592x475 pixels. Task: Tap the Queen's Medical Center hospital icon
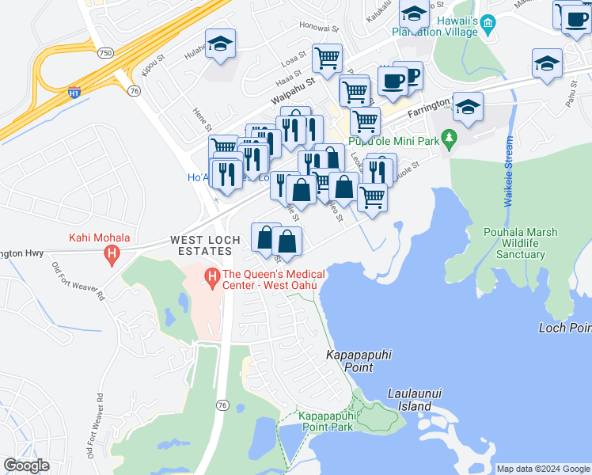coord(211,278)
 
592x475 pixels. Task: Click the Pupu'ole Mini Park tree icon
coord(450,140)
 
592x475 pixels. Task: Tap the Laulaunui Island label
coord(409,400)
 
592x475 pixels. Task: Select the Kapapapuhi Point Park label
coord(324,421)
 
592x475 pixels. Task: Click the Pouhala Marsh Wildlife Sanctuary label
coord(520,243)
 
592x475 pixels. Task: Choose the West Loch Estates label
coord(201,245)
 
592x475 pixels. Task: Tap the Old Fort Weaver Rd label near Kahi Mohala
coord(78,281)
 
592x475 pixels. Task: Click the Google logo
coord(26,465)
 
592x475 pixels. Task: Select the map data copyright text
coord(542,469)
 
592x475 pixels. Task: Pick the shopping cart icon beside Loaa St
coord(327,59)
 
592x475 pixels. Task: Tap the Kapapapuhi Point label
coord(360,362)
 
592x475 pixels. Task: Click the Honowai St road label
coord(319,26)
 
